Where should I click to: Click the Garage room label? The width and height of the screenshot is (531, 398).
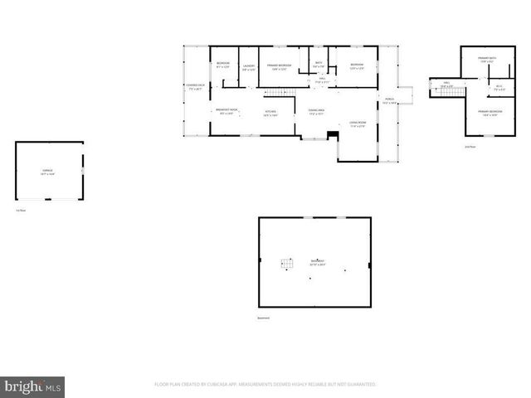(49, 172)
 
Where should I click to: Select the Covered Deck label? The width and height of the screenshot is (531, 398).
(195, 87)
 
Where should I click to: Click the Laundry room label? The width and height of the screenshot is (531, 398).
(248, 68)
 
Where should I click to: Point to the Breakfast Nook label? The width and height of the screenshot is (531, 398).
(227, 112)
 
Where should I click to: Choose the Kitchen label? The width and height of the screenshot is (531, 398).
(270, 114)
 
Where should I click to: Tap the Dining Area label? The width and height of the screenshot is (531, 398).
(316, 112)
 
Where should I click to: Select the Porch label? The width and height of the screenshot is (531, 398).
(389, 102)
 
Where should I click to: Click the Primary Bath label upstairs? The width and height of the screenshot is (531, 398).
(487, 59)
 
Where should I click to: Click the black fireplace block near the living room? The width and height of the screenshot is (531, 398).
(334, 135)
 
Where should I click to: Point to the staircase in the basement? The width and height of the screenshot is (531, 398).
(287, 265)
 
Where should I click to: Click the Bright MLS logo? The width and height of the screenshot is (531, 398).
(33, 386)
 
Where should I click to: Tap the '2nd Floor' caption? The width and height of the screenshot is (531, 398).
(470, 148)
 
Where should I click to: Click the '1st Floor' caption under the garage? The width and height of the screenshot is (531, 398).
(20, 210)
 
